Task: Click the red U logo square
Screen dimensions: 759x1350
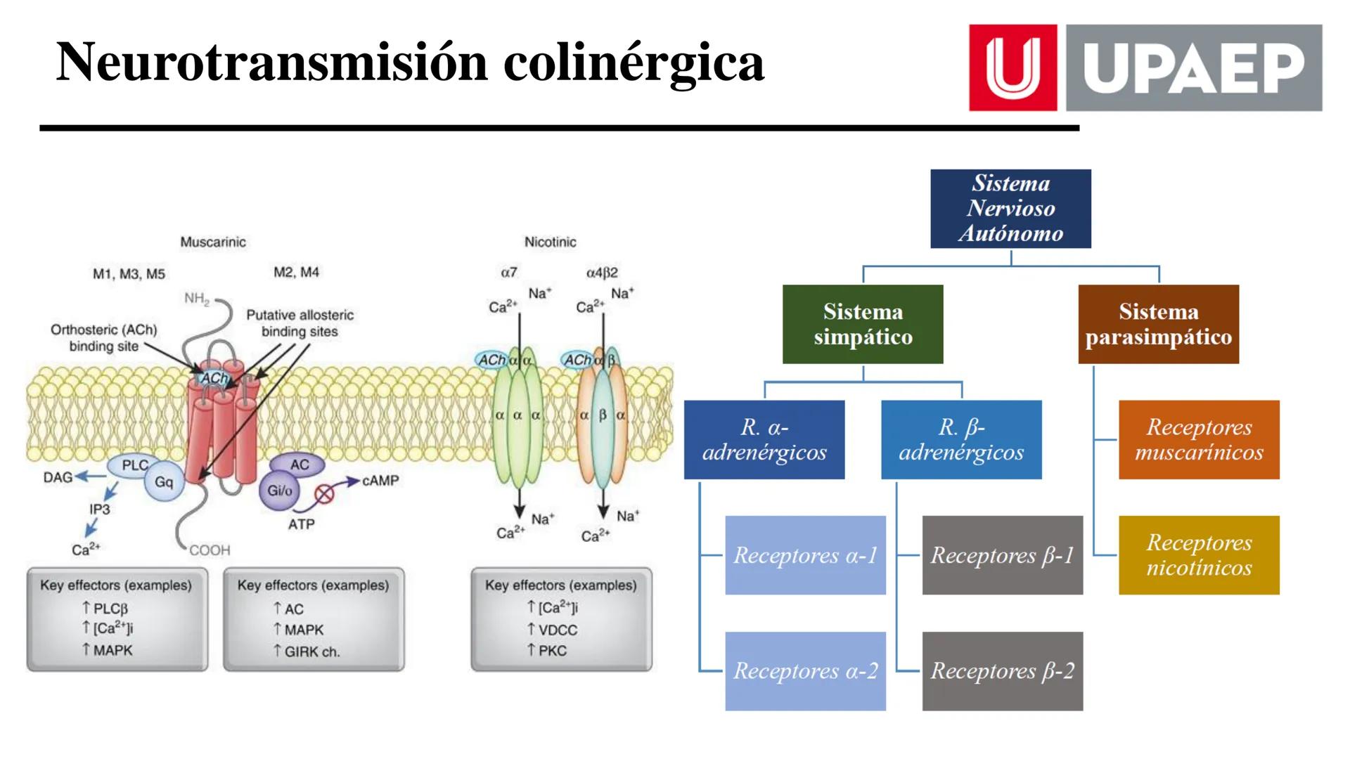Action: click(1012, 67)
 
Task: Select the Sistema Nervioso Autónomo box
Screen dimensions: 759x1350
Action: click(1010, 208)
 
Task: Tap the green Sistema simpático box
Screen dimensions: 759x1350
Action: click(863, 324)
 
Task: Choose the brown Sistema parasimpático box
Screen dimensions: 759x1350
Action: click(1158, 324)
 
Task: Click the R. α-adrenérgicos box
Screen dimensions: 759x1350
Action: click(764, 439)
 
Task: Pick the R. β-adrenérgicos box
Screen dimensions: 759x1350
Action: click(961, 439)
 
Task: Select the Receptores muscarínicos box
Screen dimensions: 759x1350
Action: click(1199, 439)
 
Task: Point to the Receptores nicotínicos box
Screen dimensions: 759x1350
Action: click(1199, 555)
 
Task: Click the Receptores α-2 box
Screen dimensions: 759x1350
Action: click(805, 671)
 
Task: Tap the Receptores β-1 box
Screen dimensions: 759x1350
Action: click(1002, 555)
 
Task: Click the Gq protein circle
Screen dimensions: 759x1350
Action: click(164, 482)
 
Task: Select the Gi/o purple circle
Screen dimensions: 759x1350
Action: click(279, 491)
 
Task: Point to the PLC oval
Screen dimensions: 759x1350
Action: click(134, 465)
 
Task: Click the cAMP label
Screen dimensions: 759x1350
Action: click(380, 481)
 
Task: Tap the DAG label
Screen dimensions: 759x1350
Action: click(57, 477)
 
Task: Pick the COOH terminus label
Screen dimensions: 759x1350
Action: click(210, 550)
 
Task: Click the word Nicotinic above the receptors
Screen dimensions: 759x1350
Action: click(550, 242)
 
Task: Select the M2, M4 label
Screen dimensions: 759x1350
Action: click(296, 272)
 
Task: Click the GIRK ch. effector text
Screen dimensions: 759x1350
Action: click(311, 651)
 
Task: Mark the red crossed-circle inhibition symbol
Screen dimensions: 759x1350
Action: click(324, 494)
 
